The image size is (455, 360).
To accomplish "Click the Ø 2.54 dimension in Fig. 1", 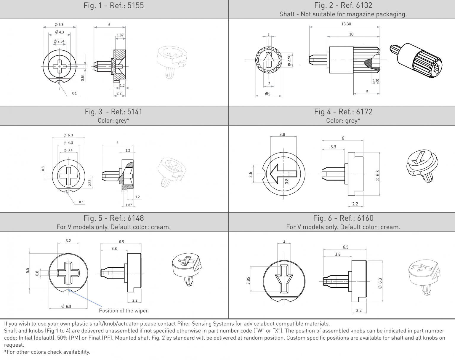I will point(59,41).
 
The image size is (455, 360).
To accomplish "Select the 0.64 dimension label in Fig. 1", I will point(83,77).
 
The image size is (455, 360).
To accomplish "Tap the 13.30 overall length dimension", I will point(346,24).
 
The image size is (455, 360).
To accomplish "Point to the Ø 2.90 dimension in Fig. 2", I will point(289,60).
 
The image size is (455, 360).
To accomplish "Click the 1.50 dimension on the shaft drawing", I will point(376,80).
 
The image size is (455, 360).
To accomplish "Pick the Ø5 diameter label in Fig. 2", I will point(267,94).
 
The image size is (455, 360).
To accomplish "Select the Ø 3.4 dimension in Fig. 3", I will point(68,150).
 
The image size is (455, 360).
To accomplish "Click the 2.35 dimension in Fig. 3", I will point(90,183).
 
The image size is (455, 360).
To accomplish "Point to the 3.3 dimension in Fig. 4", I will point(333,147).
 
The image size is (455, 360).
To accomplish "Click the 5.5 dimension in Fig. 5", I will point(28,270).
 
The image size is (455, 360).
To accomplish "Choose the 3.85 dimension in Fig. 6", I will point(248,281).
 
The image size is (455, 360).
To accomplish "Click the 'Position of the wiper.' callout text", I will point(124,311).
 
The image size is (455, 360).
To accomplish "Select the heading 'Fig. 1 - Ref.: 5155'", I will point(114,6).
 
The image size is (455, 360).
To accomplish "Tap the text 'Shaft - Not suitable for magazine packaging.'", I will point(343,14).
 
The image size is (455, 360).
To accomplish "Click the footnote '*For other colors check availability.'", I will point(47,352).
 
